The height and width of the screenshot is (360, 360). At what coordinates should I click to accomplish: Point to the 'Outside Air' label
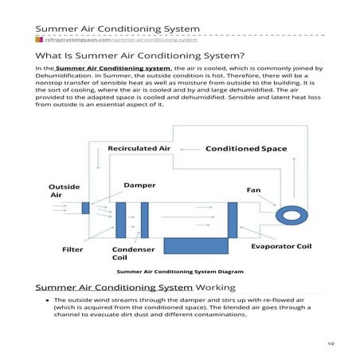point(64,191)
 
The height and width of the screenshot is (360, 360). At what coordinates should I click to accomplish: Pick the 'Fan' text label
point(253,190)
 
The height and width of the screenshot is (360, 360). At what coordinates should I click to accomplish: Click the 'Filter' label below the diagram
point(72,249)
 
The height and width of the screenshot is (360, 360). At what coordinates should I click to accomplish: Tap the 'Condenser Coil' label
point(127,253)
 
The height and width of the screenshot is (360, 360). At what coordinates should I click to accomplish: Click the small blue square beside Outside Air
point(85,208)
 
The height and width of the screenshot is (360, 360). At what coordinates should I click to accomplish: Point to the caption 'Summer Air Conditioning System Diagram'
point(180,272)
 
